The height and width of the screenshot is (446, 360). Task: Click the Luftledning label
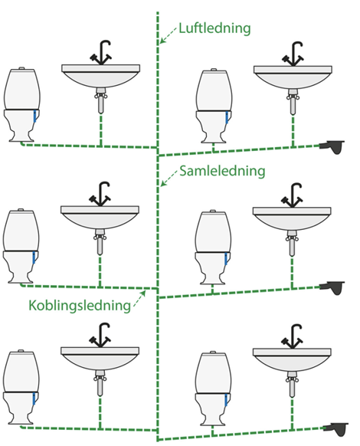[214, 28]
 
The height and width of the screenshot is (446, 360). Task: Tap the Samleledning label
[222, 171]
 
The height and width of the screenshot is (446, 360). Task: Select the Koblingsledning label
[80, 305]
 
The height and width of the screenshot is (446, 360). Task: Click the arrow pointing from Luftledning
[168, 35]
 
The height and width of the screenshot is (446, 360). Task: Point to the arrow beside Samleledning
[169, 178]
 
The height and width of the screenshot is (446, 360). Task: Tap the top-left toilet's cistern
[22, 88]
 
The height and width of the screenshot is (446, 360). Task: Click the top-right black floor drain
[332, 147]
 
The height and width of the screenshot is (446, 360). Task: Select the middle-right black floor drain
[332, 288]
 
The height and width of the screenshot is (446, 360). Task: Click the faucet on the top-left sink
[100, 53]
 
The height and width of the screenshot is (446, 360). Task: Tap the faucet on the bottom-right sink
[292, 336]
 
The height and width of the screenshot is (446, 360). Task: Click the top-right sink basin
[293, 77]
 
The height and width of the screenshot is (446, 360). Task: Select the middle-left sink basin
[100, 218]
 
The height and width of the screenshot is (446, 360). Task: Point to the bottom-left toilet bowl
[21, 408]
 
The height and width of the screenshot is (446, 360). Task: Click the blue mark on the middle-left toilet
[34, 257]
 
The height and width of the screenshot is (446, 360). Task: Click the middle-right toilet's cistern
[214, 232]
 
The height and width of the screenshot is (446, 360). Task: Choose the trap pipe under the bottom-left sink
[100, 383]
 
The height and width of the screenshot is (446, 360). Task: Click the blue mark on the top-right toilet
[227, 118]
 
